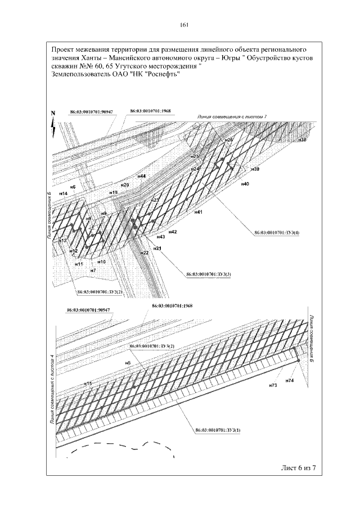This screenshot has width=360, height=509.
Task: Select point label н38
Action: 303,139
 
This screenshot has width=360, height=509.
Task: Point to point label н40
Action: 245,184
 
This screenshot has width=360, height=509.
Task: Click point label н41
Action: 199,213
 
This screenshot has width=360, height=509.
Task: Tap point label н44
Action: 142,176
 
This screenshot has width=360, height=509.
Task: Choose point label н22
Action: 145,253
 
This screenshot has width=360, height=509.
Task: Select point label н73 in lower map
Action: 273,385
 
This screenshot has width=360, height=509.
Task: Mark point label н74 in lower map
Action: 290,381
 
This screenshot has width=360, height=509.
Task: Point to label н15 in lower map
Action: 88,383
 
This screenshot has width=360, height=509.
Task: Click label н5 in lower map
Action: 128,363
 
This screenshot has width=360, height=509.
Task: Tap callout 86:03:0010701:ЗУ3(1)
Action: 218,430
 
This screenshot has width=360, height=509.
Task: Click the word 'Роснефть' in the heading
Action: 161,77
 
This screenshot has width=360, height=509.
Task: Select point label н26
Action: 228,139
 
